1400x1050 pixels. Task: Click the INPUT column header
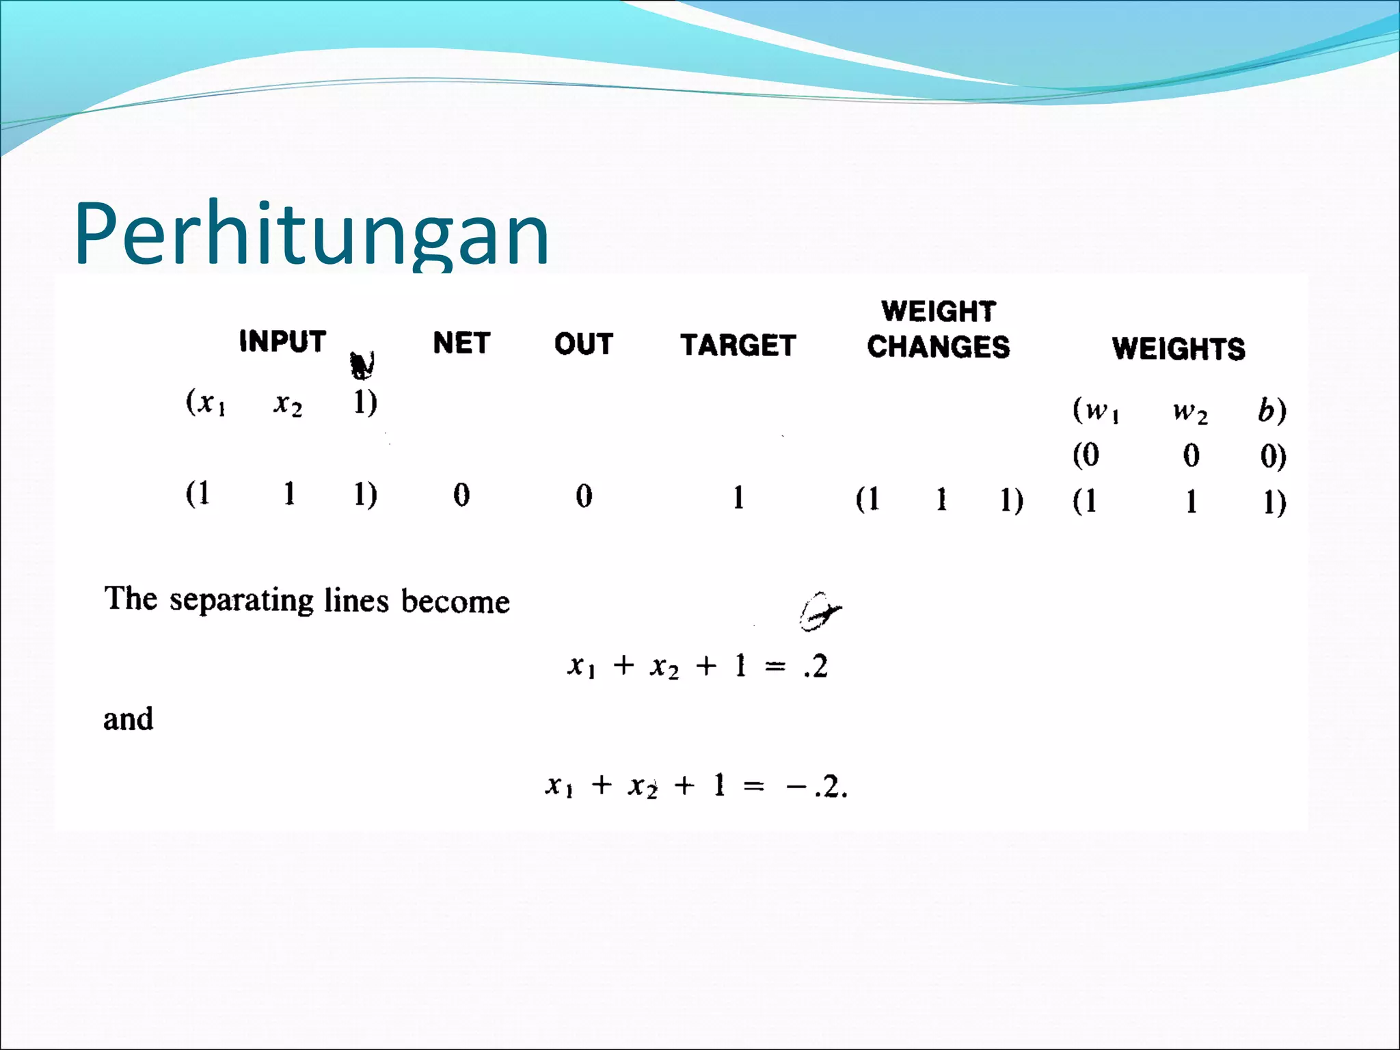click(282, 341)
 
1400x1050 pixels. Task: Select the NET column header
click(461, 342)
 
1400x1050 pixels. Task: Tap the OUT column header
click(583, 344)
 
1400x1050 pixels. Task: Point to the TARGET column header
click(738, 345)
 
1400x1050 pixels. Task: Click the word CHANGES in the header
click(938, 347)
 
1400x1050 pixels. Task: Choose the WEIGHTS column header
click(1178, 349)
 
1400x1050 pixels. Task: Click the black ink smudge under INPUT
click(362, 365)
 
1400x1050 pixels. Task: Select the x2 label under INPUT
click(288, 403)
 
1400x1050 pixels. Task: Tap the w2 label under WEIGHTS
click(1190, 412)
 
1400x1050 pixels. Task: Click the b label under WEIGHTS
click(1267, 410)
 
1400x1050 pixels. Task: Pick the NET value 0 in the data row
click(461, 495)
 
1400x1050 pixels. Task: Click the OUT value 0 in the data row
click(584, 496)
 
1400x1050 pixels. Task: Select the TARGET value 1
click(738, 498)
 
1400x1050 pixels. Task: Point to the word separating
click(241, 600)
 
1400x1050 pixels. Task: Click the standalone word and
click(128, 719)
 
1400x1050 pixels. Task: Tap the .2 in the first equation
click(816, 666)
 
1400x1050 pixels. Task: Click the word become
click(455, 601)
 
